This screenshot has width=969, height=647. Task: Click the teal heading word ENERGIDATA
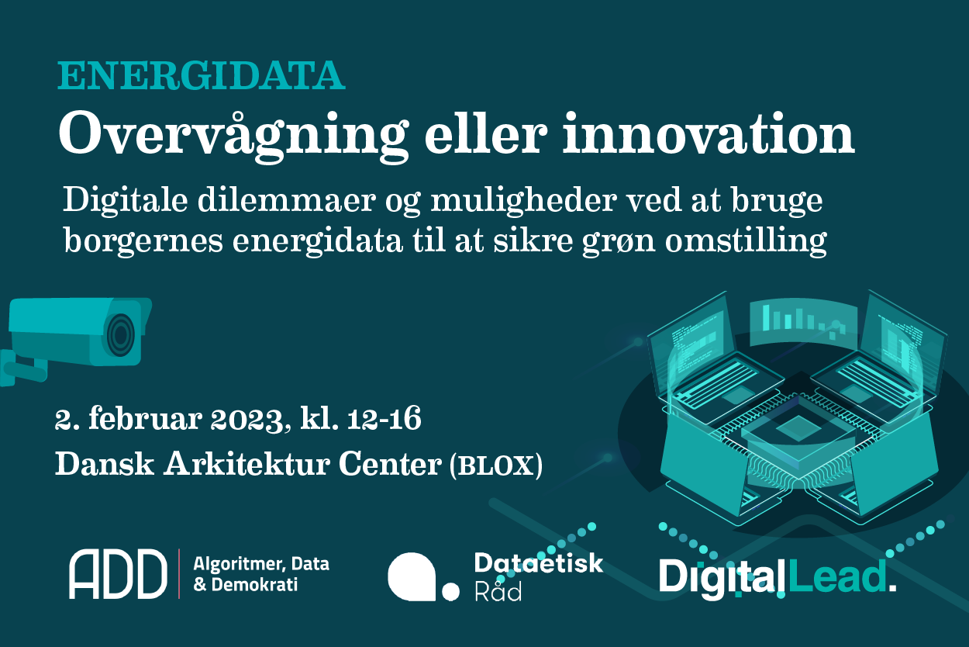click(x=201, y=77)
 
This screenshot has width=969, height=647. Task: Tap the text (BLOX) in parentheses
click(x=496, y=465)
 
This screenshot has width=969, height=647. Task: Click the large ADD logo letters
click(x=118, y=574)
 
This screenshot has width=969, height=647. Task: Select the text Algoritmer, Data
click(x=260, y=564)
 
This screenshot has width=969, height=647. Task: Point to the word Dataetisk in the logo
click(x=538, y=563)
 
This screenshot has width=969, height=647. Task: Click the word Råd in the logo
click(x=498, y=592)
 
